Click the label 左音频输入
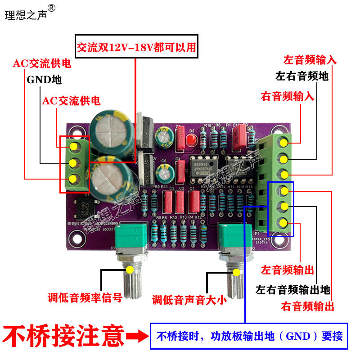[x=310, y=60]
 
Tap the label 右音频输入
[x=288, y=96]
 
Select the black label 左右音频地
[x=302, y=76]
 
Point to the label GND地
[x=44, y=80]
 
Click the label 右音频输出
[x=308, y=307]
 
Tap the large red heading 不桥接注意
[x=63, y=335]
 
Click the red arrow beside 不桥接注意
[x=137, y=336]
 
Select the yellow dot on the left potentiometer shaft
[x=130, y=270]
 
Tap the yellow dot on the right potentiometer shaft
[x=236, y=272]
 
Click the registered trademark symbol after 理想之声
[x=52, y=8]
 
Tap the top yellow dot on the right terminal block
[x=283, y=143]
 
